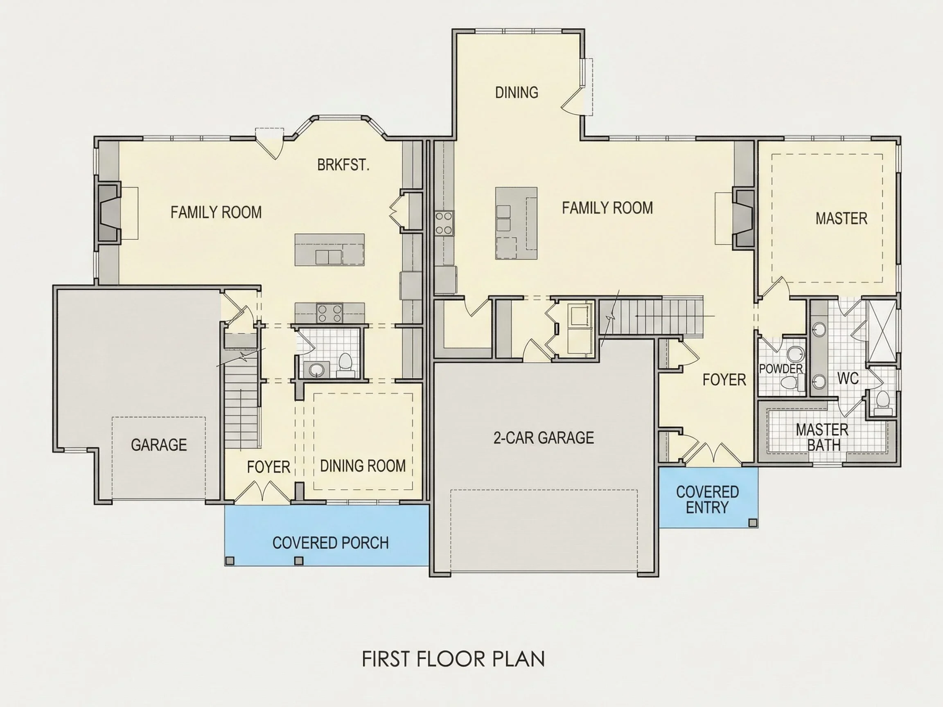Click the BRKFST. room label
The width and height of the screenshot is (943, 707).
pyautogui.click(x=343, y=165)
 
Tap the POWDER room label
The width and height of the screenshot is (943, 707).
pyautogui.click(x=781, y=369)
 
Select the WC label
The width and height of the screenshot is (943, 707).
pyautogui.click(x=848, y=378)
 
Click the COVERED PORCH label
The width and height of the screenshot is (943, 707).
pyautogui.click(x=330, y=543)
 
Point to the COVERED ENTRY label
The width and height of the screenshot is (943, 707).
pyautogui.click(x=707, y=500)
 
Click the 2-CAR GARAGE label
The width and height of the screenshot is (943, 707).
pyautogui.click(x=544, y=438)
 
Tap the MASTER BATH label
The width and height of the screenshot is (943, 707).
pyautogui.click(x=822, y=437)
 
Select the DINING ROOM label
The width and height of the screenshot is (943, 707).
pyautogui.click(x=363, y=466)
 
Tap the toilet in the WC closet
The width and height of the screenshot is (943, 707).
pyautogui.click(x=882, y=403)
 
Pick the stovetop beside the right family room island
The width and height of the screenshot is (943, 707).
pyautogui.click(x=444, y=223)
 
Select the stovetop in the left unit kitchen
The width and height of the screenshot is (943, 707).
pyautogui.click(x=329, y=313)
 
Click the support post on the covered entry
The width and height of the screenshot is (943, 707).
pyautogui.click(x=753, y=522)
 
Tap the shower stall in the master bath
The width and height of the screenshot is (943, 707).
pyautogui.click(x=882, y=331)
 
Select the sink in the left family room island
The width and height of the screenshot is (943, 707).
pyautogui.click(x=328, y=257)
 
